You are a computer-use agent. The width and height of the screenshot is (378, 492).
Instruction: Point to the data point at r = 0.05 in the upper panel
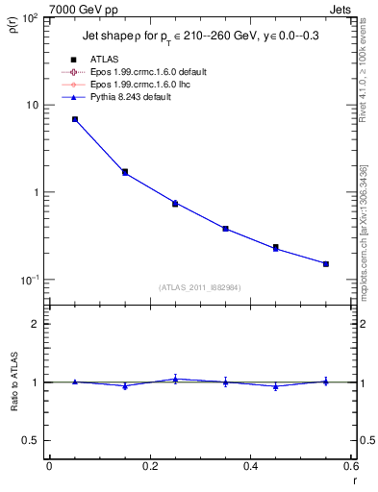click(x=75, y=119)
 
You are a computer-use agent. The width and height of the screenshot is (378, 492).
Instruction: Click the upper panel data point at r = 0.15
click(x=125, y=172)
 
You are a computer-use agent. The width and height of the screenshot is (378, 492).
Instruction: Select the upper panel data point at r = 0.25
click(x=175, y=203)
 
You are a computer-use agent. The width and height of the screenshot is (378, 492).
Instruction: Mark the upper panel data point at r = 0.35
click(x=225, y=229)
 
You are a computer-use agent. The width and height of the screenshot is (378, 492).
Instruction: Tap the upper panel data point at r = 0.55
click(x=326, y=263)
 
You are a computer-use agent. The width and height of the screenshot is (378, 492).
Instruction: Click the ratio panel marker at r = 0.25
click(x=175, y=379)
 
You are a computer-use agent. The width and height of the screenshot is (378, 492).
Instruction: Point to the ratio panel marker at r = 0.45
click(x=276, y=386)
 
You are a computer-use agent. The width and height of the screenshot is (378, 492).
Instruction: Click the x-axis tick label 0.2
click(x=149, y=465)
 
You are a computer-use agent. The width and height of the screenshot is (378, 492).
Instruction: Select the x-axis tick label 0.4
click(x=250, y=465)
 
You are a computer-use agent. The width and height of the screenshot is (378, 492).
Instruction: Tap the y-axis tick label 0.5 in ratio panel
click(x=34, y=440)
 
